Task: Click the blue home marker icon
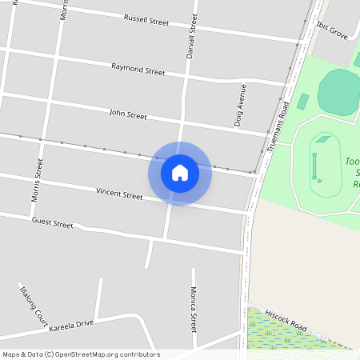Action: coord(180,172)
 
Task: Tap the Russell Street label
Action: coord(146,20)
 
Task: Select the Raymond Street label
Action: coord(138,70)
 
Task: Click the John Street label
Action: coord(128,114)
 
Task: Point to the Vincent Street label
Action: coord(119,193)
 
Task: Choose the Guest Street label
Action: coord(52,222)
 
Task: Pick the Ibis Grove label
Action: coord(332,31)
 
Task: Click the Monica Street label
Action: coord(193,310)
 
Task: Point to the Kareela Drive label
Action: coord(71,325)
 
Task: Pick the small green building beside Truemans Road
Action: coord(302,102)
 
